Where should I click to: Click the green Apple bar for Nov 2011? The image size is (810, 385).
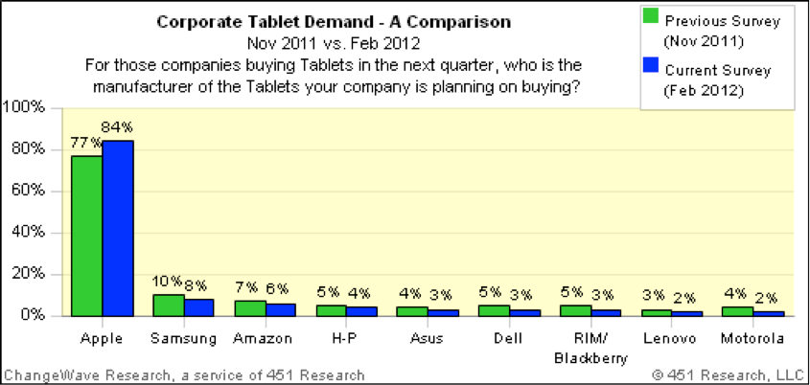point(86,236)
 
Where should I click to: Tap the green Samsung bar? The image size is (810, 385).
point(168,305)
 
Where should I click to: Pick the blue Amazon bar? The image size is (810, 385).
point(280,309)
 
